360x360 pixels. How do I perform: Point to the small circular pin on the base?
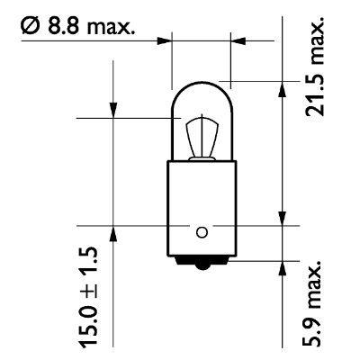pos(202,232)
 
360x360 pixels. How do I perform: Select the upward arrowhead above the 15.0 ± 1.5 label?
pos(114,232)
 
